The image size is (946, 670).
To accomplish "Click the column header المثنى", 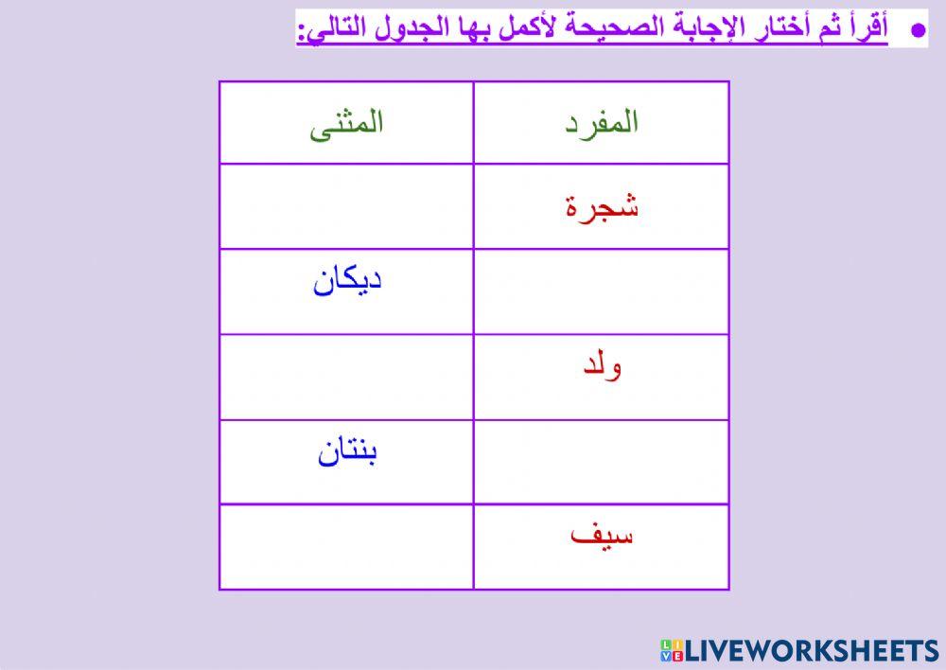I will pyautogui.click(x=346, y=124).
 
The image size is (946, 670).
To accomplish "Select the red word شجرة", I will pyautogui.click(x=602, y=206).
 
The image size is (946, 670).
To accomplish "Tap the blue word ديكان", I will pyautogui.click(x=347, y=281).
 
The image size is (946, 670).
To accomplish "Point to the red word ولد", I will pyautogui.click(x=603, y=365).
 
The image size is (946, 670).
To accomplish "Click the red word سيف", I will pyautogui.click(x=603, y=536).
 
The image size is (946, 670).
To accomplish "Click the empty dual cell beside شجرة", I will pyautogui.click(x=346, y=206).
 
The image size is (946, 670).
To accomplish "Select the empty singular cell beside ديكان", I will pyautogui.click(x=602, y=291).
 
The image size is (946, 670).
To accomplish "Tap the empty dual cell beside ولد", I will pyautogui.click(x=346, y=377).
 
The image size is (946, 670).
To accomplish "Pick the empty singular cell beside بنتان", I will pyautogui.click(x=602, y=462).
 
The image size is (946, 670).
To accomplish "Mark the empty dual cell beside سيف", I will pyautogui.click(x=346, y=547).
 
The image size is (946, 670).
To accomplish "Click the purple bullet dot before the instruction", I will pyautogui.click(x=916, y=31).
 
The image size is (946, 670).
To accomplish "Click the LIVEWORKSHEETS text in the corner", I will pyautogui.click(x=812, y=650).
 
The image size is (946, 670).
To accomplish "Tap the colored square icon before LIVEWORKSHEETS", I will pyautogui.click(x=671, y=650).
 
